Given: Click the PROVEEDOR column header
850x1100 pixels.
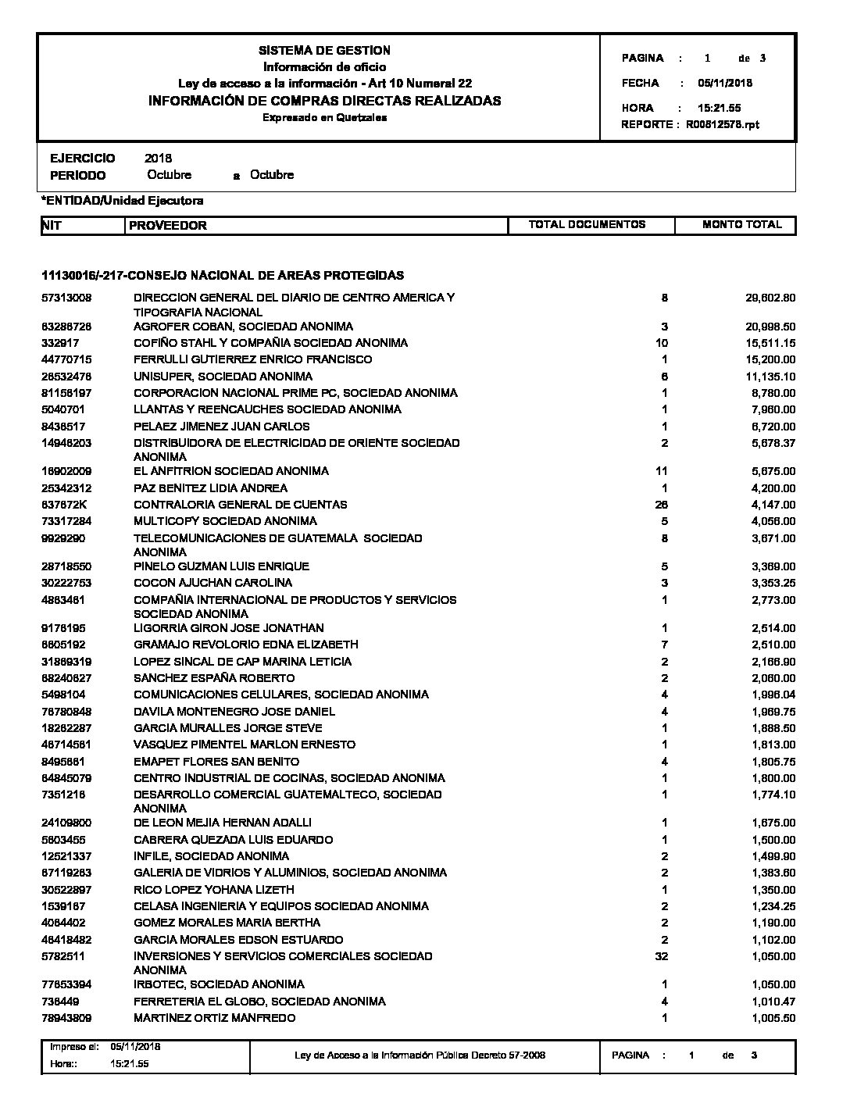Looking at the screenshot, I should click(168, 226).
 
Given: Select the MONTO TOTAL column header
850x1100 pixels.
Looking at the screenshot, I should click(741, 225).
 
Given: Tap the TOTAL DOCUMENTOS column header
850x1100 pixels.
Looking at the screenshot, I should click(587, 225).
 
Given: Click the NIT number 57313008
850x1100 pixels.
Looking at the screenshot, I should click(67, 298).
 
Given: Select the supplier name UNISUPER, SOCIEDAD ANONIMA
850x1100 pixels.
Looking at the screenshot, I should click(223, 377).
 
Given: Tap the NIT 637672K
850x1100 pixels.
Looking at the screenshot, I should click(66, 505).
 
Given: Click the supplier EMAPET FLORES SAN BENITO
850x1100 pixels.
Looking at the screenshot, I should click(216, 762).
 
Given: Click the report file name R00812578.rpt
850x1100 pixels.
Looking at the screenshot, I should click(723, 124).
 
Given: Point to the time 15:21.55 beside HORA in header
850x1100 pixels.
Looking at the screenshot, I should click(719, 108).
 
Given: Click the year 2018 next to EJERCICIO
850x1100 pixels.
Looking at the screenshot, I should click(159, 159).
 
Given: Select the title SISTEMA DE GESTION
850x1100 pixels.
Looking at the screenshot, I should click(324, 51).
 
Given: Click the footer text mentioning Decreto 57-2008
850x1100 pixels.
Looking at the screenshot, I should click(420, 1055).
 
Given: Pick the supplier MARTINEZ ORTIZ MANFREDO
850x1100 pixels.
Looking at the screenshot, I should click(215, 1018).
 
